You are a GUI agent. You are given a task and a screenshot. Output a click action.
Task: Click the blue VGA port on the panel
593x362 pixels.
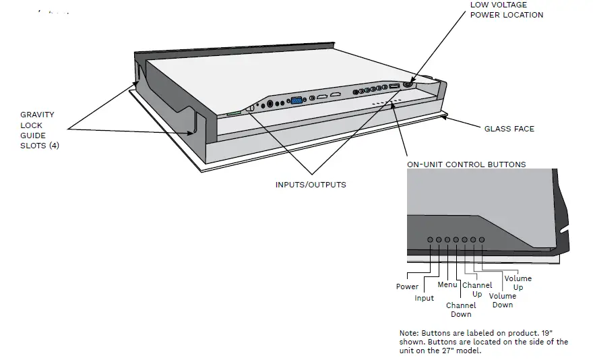click(x=295, y=102)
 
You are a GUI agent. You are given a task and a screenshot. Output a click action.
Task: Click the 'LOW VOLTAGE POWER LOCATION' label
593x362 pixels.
click(x=506, y=9)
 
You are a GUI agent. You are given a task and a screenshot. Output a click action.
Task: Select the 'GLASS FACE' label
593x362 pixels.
click(x=509, y=129)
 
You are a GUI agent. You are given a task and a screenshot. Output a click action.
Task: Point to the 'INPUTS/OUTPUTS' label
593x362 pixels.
click(x=311, y=184)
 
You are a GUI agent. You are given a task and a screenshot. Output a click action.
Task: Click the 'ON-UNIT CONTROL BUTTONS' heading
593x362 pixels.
click(x=466, y=164)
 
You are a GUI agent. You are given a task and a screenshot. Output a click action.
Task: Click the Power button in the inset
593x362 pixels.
click(x=430, y=239)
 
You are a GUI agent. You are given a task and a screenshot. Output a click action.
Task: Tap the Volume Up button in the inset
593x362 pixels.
click(x=482, y=239)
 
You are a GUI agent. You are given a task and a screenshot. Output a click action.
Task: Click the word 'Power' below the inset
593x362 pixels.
click(x=407, y=286)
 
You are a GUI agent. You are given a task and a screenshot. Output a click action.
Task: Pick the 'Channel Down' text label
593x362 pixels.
click(x=461, y=309)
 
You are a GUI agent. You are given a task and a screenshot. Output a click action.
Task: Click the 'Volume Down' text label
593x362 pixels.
click(x=502, y=300)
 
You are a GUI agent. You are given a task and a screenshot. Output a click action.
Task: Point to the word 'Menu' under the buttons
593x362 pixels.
click(x=447, y=284)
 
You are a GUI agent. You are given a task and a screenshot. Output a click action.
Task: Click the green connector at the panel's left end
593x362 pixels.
click(x=233, y=113)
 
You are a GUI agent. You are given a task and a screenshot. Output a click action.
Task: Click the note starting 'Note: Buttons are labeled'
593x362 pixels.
click(x=483, y=342)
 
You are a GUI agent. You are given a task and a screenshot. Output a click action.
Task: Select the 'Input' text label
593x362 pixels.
click(x=425, y=298)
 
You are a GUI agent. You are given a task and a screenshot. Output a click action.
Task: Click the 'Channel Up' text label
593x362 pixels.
click(x=477, y=289)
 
